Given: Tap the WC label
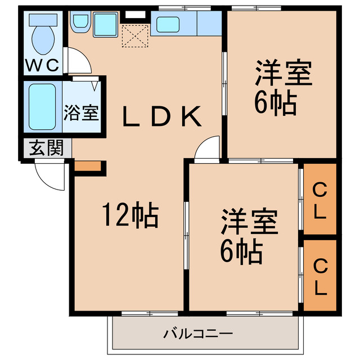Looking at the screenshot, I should [42, 65].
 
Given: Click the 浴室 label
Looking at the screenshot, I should [82, 111].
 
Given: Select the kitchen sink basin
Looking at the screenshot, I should [168, 24].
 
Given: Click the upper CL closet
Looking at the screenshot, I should [319, 200].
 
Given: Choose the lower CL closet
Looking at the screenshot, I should [319, 276].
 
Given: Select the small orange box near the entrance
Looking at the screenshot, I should [87, 166].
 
